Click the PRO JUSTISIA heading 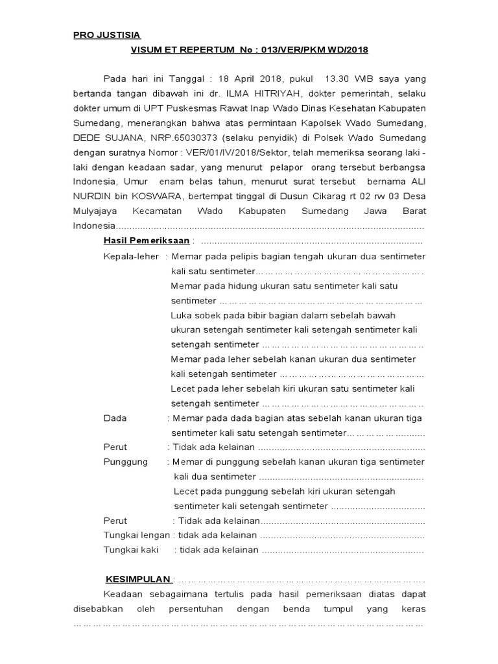click(106, 35)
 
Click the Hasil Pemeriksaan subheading click(147, 241)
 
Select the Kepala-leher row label click(131, 257)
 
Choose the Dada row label click(115, 418)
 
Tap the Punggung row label click(126, 462)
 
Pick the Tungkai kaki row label click(131, 550)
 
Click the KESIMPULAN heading click(139, 579)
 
